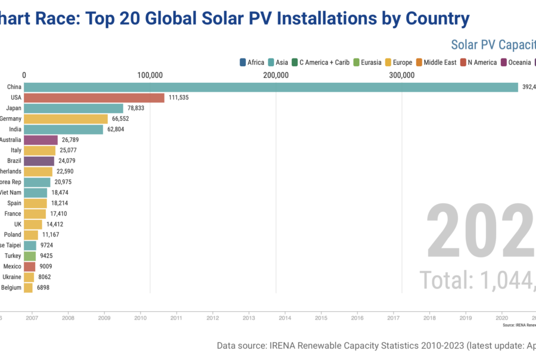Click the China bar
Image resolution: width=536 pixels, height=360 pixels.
click(271, 87)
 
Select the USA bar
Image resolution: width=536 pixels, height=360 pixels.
click(94, 98)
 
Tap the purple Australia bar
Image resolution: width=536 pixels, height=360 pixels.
click(40, 140)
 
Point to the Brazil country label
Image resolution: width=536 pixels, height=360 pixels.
click(14, 161)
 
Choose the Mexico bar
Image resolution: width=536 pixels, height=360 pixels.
click(29, 266)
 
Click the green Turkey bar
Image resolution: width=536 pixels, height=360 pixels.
click(30, 256)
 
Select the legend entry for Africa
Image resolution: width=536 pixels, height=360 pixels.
click(251, 62)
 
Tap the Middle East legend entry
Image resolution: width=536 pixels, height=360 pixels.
click(436, 62)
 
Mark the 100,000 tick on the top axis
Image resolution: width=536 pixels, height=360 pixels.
click(150, 75)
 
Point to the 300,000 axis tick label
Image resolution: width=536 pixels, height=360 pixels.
click(402, 75)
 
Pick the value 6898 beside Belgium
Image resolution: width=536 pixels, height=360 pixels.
click(43, 287)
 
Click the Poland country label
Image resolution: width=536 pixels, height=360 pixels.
click(13, 235)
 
